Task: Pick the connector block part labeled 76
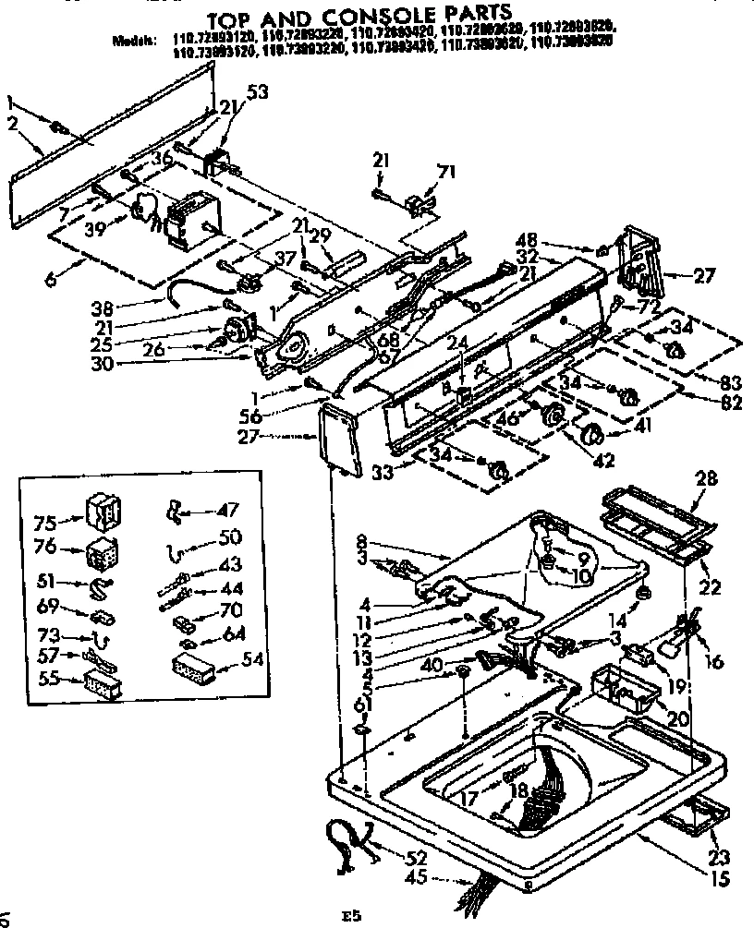coord(100,554)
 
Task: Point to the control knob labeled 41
coord(588,434)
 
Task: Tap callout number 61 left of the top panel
coord(361,706)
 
